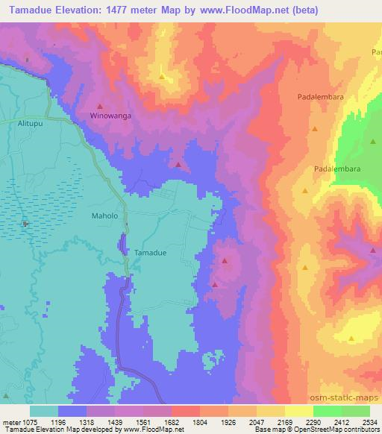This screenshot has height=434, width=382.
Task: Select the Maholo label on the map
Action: [x=105, y=216]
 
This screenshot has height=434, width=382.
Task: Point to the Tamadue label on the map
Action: [x=150, y=253]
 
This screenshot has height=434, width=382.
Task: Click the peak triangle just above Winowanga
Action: [x=100, y=106]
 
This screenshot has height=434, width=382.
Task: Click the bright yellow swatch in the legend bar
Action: [x=299, y=411]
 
